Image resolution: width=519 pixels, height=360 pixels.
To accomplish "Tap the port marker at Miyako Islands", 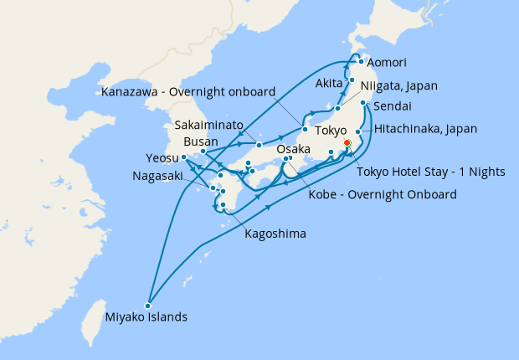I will pos(148,304).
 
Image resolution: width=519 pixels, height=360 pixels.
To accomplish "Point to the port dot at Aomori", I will pos(360,61).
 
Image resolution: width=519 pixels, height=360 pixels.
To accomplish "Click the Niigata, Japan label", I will pos(399,85).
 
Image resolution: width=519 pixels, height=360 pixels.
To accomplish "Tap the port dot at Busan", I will pos(203,152).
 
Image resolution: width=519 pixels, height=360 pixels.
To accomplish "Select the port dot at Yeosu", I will pos(183,157).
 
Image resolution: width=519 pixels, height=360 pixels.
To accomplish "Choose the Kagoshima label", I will pos(275,234).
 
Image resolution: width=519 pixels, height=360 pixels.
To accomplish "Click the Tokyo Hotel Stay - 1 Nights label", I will pos(431,172).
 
